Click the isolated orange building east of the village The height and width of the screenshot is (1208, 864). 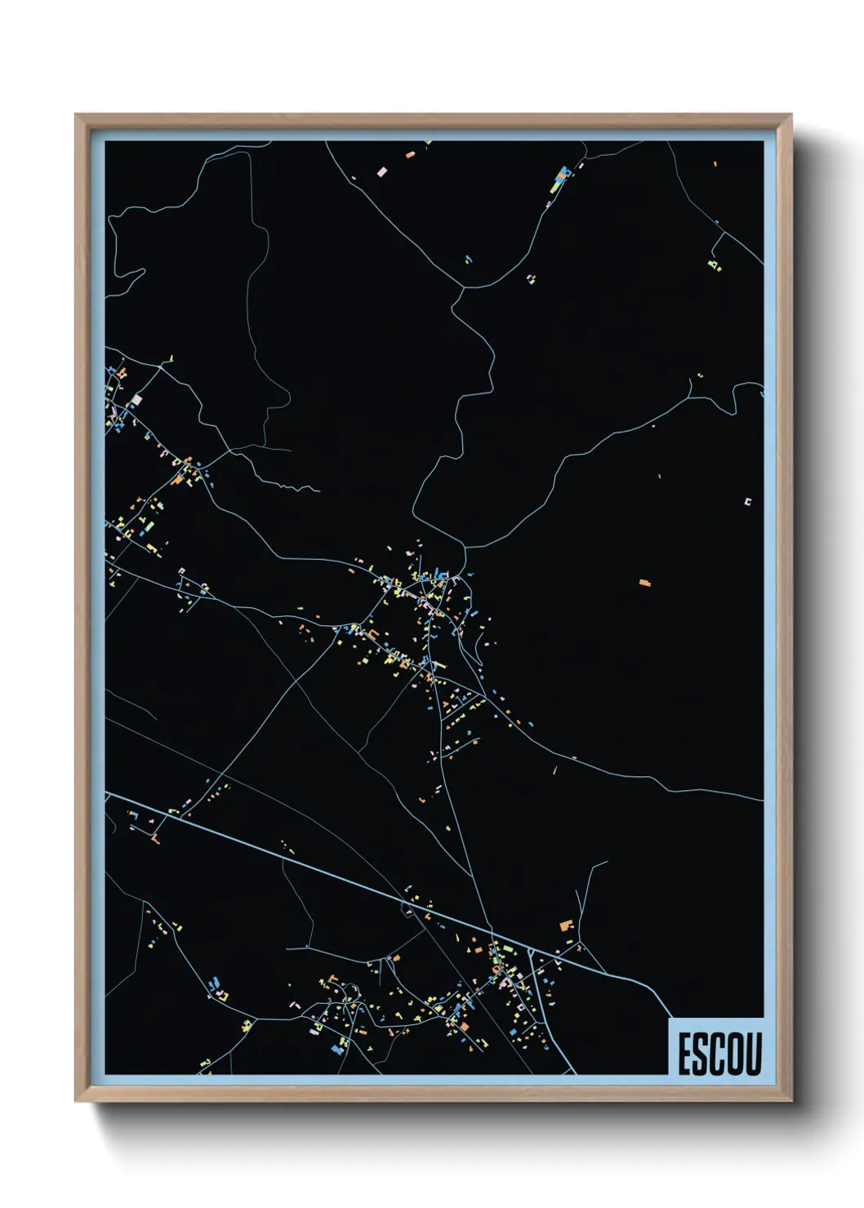[644, 583]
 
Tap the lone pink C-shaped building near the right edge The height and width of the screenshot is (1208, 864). [746, 502]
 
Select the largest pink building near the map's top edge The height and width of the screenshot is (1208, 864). [381, 171]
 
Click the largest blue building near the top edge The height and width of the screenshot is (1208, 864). [562, 174]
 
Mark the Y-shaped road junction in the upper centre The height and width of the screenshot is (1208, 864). [464, 287]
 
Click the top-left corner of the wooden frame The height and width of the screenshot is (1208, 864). [76, 115]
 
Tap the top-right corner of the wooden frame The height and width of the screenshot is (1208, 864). [791, 115]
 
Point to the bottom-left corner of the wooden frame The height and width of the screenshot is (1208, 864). [76, 1101]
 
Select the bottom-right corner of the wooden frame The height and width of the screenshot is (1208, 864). [791, 1101]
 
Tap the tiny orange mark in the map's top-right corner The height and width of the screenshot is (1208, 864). [715, 164]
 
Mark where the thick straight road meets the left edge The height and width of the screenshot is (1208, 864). [106, 792]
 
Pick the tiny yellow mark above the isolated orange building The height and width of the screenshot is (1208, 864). [659, 476]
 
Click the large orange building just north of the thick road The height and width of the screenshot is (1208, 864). [565, 925]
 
